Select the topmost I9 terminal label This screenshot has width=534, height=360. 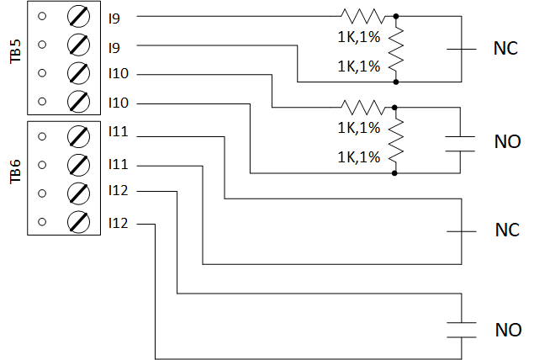114,16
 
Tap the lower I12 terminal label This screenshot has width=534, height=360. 118,224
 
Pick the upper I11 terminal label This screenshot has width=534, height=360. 118,133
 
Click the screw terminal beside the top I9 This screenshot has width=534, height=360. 78,16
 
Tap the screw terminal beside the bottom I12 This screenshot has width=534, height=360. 78,222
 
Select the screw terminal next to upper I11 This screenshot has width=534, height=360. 78,135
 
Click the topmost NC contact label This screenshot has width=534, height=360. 506,49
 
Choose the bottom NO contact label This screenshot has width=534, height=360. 508,328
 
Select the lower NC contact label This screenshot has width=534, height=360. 506,230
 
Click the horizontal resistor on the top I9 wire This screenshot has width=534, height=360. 362,15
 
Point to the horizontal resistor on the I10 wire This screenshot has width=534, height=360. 362,107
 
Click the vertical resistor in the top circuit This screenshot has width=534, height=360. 396,48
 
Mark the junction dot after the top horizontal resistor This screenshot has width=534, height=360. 396,16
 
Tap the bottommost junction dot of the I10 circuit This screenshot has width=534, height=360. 396,173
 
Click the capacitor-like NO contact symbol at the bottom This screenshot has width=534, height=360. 462,328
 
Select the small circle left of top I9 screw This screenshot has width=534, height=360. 43,16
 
